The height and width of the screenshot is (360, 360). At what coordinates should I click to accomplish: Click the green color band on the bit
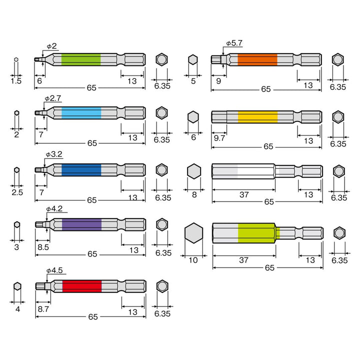tap(81, 59)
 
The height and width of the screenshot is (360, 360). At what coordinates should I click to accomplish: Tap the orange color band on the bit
tap(257, 59)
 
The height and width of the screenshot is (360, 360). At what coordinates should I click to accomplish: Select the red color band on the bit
tap(82, 286)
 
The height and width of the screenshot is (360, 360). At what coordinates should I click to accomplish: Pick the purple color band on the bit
tap(81, 224)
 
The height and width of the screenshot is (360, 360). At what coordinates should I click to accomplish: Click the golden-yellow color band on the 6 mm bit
tap(257, 117)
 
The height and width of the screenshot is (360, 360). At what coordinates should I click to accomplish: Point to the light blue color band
tap(81, 113)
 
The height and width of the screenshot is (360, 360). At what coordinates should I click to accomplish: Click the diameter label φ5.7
tap(234, 43)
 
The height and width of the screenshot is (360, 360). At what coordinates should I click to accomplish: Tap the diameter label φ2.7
tap(53, 98)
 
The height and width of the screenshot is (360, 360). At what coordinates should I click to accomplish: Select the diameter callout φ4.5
tap(54, 270)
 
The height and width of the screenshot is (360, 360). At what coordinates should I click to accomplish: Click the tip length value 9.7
tap(219, 138)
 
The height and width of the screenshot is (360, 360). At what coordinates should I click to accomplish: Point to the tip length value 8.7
tap(43, 309)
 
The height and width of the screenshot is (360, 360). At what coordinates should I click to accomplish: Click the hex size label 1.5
tap(16, 81)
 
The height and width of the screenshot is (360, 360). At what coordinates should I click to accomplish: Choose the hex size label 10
tap(193, 260)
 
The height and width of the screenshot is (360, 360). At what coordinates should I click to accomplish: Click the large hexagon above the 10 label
tap(194, 233)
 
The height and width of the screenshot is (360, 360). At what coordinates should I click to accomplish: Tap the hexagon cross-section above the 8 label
tap(194, 171)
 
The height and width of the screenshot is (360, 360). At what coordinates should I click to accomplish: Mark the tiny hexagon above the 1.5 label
tap(16, 59)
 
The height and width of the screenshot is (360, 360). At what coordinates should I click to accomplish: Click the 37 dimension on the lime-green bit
tap(243, 260)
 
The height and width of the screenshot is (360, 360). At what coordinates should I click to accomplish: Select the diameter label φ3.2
tap(54, 154)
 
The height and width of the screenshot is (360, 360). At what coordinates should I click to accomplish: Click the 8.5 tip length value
tap(43, 247)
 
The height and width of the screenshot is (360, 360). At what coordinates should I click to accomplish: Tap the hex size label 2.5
tap(17, 192)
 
